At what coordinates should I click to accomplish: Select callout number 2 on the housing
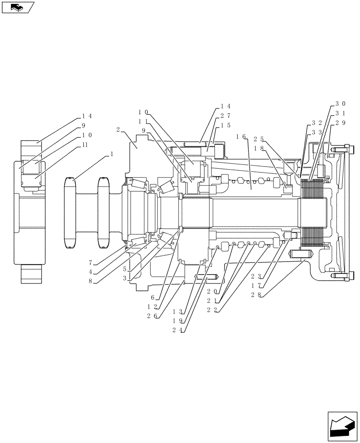pyautogui.click(x=118, y=129)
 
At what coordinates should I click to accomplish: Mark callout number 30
pyautogui.click(x=340, y=104)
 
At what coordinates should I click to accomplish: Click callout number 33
pyautogui.click(x=317, y=132)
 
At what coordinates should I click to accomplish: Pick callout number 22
pyautogui.click(x=211, y=310)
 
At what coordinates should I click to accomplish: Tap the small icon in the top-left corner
pyautogui.click(x=18, y=7)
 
